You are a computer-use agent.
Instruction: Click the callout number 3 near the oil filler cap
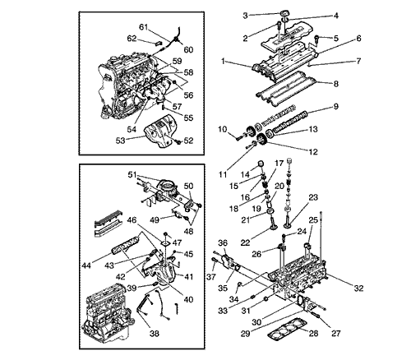tap(245, 16)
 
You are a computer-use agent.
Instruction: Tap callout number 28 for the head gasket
tap(313, 333)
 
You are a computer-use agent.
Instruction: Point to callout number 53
tap(120, 141)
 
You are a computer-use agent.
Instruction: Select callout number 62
tap(132, 39)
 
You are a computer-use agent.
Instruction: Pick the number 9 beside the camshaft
tap(335, 106)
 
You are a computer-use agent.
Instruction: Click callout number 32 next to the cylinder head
tap(358, 288)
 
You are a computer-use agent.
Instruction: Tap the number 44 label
tap(86, 265)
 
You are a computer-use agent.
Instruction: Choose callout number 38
tap(155, 334)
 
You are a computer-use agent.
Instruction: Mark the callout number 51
tap(132, 174)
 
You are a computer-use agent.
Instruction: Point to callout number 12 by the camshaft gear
tap(313, 151)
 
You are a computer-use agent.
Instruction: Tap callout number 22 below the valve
tap(246, 242)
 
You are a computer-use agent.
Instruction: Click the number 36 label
tap(223, 242)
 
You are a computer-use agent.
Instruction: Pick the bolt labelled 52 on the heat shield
tap(179, 142)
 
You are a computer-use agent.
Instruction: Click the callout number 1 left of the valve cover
tap(223, 61)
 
